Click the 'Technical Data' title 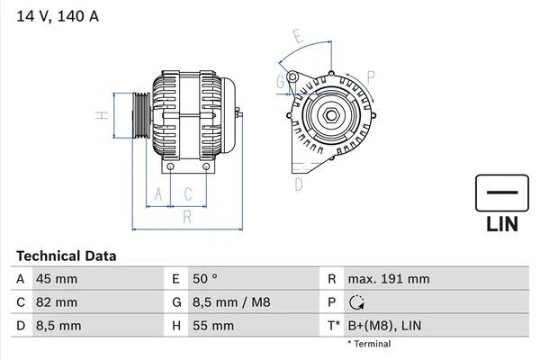(x=66, y=256)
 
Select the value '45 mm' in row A (x=55, y=279)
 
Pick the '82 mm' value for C (x=55, y=302)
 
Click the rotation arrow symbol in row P (x=358, y=302)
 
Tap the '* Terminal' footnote (x=369, y=344)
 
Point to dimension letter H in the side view (x=102, y=115)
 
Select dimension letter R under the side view (x=186, y=216)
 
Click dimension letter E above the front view (x=298, y=37)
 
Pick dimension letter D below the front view (x=298, y=184)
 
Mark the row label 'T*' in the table (x=333, y=326)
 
